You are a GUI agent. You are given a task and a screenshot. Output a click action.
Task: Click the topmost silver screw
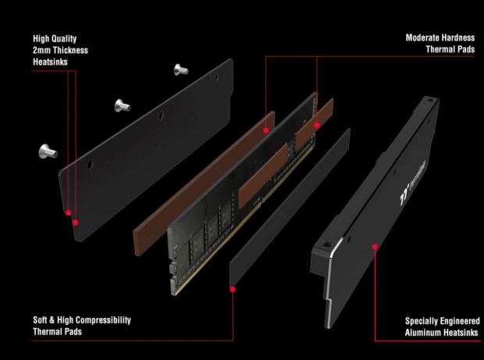click(x=181, y=70)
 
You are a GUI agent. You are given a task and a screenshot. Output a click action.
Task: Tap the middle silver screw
click(x=123, y=105)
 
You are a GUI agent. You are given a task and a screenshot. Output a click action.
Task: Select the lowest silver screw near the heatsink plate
click(x=48, y=151)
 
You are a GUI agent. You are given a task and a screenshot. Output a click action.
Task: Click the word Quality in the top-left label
click(x=63, y=38)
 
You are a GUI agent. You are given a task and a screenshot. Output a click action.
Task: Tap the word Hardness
click(x=457, y=37)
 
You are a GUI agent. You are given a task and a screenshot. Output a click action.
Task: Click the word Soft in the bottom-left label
click(x=40, y=320)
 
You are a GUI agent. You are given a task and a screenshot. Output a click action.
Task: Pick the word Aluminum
click(x=424, y=333)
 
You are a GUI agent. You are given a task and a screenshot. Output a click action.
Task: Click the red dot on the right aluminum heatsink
click(x=375, y=247)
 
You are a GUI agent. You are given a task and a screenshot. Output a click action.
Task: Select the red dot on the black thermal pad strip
click(x=233, y=289)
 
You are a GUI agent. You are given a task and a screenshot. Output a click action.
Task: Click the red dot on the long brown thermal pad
click(x=266, y=130)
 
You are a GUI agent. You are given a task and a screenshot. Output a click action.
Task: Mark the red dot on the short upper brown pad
click(x=317, y=125)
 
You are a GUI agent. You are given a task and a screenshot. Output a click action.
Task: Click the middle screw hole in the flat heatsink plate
click(x=161, y=116)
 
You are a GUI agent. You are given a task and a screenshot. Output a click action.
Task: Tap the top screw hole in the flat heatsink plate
click(x=216, y=77)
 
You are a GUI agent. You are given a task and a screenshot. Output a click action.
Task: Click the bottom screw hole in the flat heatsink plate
click(x=90, y=164)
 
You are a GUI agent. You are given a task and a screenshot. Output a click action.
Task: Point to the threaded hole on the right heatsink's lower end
click(x=325, y=245)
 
